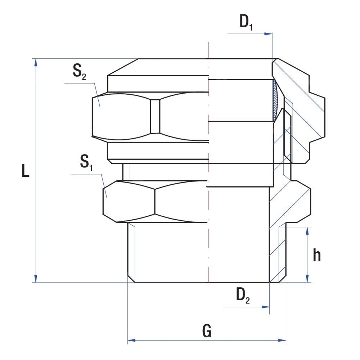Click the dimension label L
click(26, 171)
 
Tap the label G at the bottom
click(207, 331)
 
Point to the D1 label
click(246, 22)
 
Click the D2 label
click(243, 296)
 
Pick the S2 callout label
click(79, 71)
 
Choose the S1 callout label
click(86, 163)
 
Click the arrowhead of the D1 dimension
click(269, 34)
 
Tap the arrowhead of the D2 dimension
click(266, 307)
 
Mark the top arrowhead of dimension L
click(36, 62)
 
